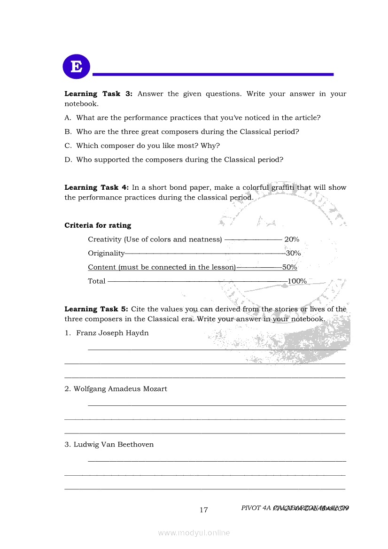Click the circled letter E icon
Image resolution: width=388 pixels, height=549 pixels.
[76, 66]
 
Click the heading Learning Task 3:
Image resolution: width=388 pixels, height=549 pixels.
[98, 94]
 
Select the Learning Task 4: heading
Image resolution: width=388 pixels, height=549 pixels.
[96, 187]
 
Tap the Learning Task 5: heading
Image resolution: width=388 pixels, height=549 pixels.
[96, 309]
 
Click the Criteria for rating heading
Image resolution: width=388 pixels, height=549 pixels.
[98, 225]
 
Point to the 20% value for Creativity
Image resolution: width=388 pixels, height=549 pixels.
[292, 240]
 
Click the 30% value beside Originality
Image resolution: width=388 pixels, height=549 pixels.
[293, 254]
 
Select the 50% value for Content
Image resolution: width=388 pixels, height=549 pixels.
[290, 267]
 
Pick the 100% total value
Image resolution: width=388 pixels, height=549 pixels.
[297, 281]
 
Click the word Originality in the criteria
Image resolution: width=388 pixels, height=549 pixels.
[106, 254]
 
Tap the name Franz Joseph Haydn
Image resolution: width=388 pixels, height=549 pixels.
[112, 333]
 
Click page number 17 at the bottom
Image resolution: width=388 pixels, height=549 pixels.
[203, 510]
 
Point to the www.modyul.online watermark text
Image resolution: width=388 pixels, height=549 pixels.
[194, 533]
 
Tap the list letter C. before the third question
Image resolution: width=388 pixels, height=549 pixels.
[68, 146]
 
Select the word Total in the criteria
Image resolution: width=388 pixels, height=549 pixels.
[97, 281]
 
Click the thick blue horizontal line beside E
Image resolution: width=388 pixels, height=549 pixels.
[213, 74]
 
